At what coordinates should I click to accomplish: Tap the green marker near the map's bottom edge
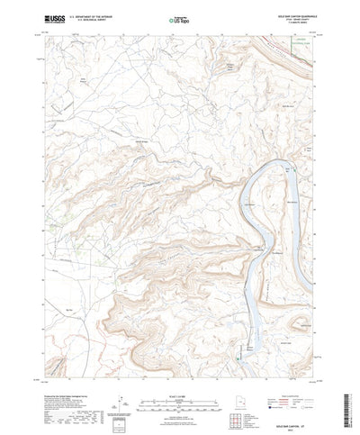coord(238,359)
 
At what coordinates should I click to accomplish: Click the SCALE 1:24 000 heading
coord(179,368)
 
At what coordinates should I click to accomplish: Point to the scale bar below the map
coord(179,376)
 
